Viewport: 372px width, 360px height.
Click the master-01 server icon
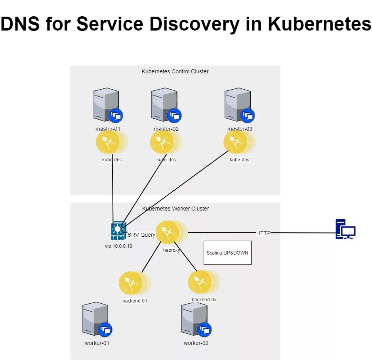coord(106,105)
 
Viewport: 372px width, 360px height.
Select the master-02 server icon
coord(164,105)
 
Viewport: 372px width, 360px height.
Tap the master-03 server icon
coord(238,105)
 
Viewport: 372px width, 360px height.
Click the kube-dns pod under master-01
coord(108,142)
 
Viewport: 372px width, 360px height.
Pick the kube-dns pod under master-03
coord(235,142)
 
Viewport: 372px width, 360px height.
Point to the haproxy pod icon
coord(167,232)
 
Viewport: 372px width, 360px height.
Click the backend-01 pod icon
coord(131,283)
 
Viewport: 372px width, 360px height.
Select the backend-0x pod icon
coord(200,282)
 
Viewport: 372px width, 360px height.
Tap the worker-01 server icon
coord(95,319)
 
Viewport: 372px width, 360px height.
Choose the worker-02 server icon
coord(195,319)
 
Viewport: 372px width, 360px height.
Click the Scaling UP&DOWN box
coord(227,253)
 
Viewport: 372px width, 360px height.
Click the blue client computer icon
coord(345,229)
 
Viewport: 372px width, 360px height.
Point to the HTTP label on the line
coord(263,233)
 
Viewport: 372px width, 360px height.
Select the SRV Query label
coord(141,235)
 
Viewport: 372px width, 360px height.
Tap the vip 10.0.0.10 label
coord(118,246)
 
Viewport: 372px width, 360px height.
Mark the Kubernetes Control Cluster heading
coord(175,71)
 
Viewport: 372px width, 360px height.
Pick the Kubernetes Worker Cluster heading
coord(175,209)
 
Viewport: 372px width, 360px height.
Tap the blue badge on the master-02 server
coord(174,116)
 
